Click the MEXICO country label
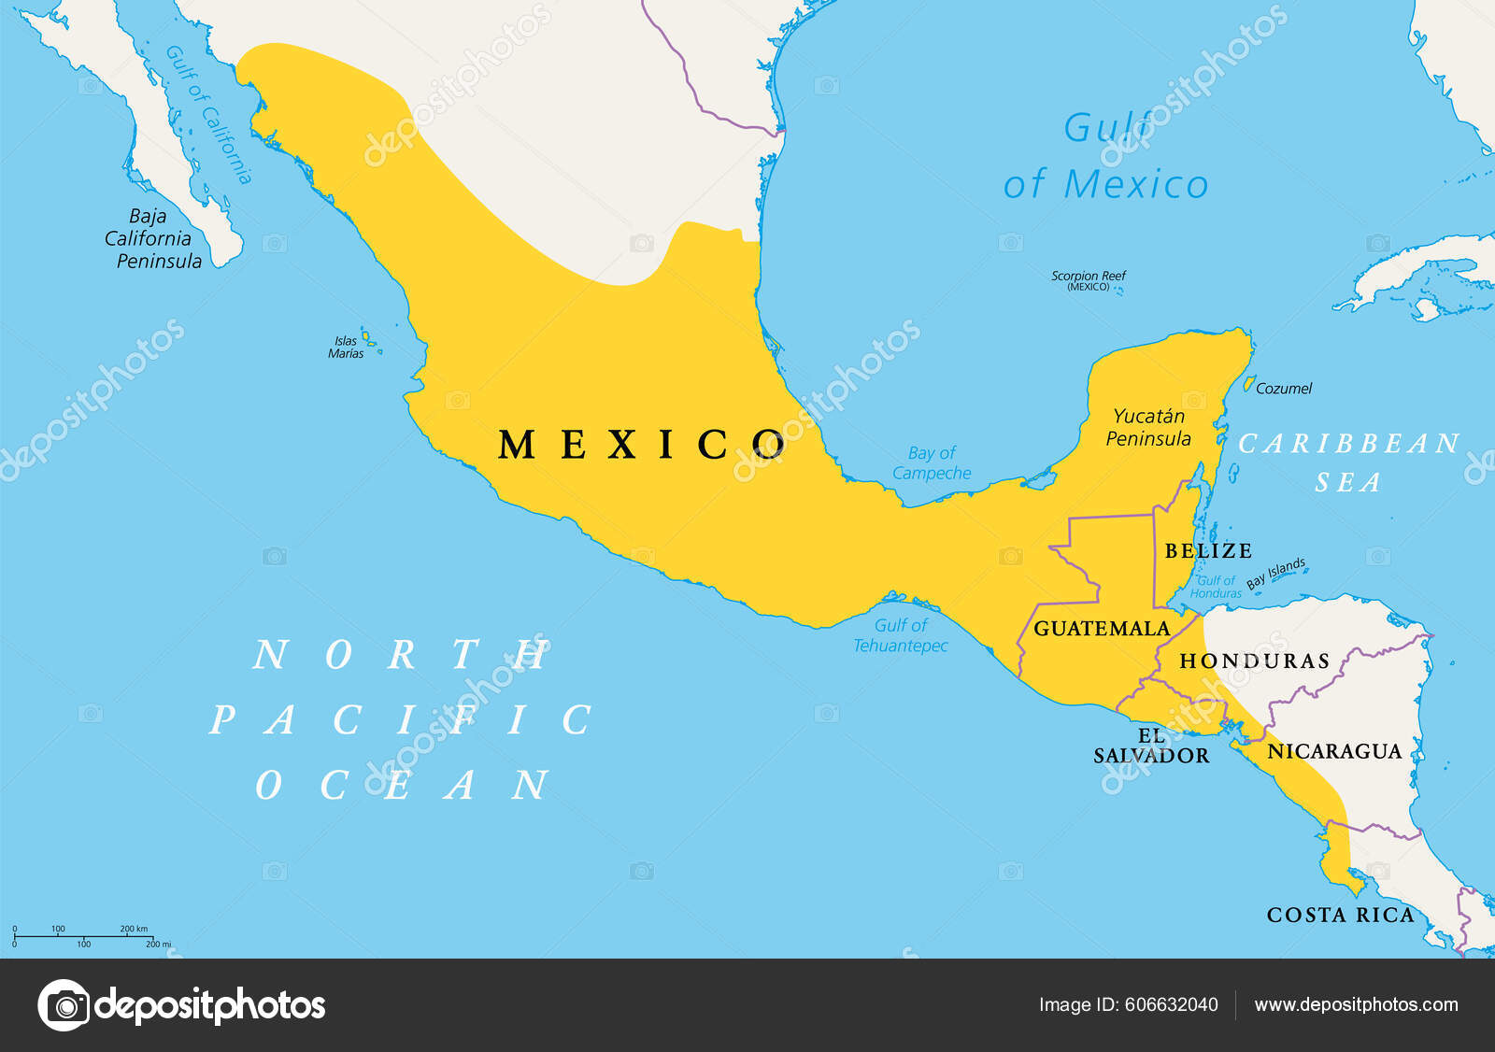[642, 445]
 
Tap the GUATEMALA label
[1101, 629]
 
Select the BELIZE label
[1207, 551]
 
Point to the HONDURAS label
[1254, 661]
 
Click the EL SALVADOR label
[1151, 746]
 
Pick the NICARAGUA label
[1333, 751]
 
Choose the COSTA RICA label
[1340, 916]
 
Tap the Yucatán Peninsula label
[1148, 428]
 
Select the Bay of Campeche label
[932, 463]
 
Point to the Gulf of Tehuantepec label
[901, 635]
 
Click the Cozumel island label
[1283, 389]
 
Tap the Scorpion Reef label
[1089, 280]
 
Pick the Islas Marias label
[346, 348]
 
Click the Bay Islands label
[1275, 573]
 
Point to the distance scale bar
[84, 935]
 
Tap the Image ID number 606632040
[1171, 1005]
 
